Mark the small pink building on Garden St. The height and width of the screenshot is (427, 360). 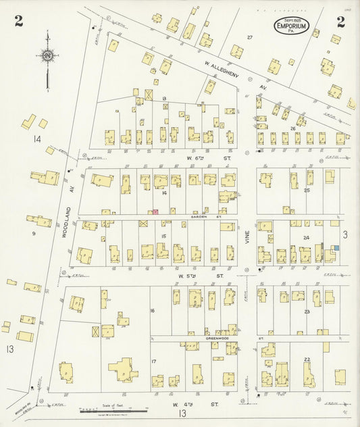[155, 212]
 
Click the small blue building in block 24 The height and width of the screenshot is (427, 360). [335, 249]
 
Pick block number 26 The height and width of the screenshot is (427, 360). [292, 128]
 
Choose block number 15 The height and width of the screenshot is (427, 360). [164, 236]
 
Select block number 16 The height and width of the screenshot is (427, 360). [153, 310]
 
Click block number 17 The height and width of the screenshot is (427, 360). [154, 361]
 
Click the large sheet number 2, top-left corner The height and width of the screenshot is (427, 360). [18, 22]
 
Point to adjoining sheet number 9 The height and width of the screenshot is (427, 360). [33, 234]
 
